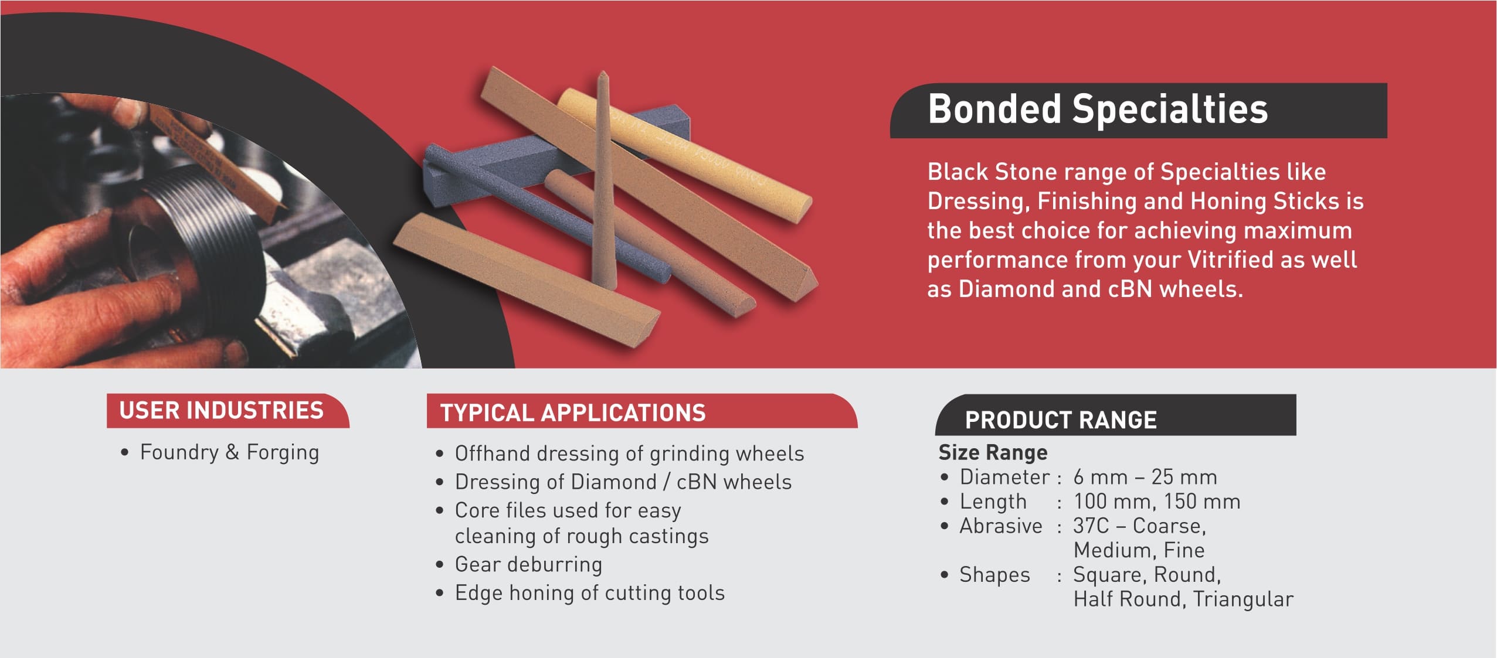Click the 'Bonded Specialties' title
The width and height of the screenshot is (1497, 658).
(x=1097, y=110)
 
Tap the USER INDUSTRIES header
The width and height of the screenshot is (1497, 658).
(x=221, y=410)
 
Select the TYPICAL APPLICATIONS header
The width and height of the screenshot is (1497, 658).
(x=573, y=412)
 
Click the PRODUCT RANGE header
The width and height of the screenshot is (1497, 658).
(x=1061, y=420)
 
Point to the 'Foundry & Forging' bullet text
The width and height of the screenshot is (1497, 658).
(x=229, y=452)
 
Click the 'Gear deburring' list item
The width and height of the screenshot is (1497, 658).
(x=528, y=564)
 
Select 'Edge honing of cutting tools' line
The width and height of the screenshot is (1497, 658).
(x=590, y=593)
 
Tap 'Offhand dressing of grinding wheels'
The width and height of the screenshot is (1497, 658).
(x=629, y=454)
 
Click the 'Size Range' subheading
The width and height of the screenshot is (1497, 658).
(x=993, y=452)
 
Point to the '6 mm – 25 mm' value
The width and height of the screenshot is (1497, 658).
(x=1145, y=477)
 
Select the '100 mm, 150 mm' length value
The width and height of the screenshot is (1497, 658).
(x=1157, y=502)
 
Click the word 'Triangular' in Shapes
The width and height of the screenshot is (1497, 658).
(x=1243, y=599)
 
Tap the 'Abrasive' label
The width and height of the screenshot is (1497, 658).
(x=1001, y=526)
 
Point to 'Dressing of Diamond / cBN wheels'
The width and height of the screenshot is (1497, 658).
(x=623, y=482)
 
